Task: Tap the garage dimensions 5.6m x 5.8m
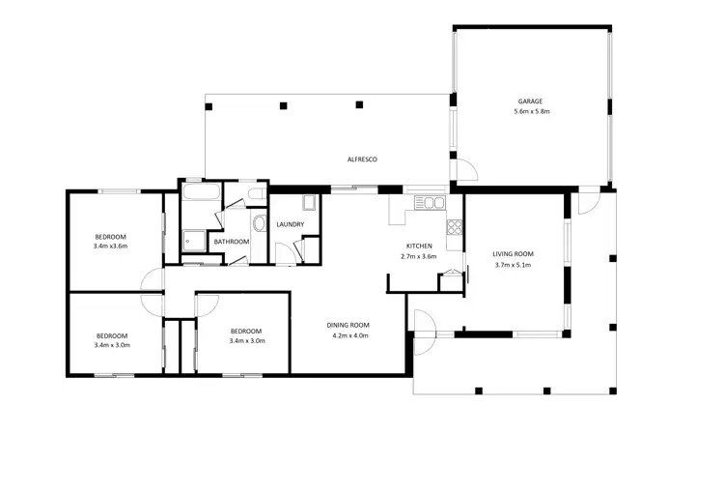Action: [x=532, y=112]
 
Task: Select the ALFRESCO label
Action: [x=362, y=158]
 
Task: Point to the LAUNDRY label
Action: [x=291, y=225]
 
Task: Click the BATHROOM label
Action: [x=232, y=242]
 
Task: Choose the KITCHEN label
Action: [x=418, y=246]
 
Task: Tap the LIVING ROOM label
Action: [x=514, y=254]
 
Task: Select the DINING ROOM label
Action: [x=349, y=325]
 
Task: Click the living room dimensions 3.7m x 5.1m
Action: [x=514, y=266]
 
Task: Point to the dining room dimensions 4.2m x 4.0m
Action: [x=349, y=336]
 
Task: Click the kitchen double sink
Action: [x=429, y=203]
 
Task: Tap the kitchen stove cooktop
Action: [x=454, y=228]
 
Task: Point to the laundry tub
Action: [x=309, y=203]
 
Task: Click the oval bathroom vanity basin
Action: [x=258, y=224]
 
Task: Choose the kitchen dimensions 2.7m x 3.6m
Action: [x=418, y=257]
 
